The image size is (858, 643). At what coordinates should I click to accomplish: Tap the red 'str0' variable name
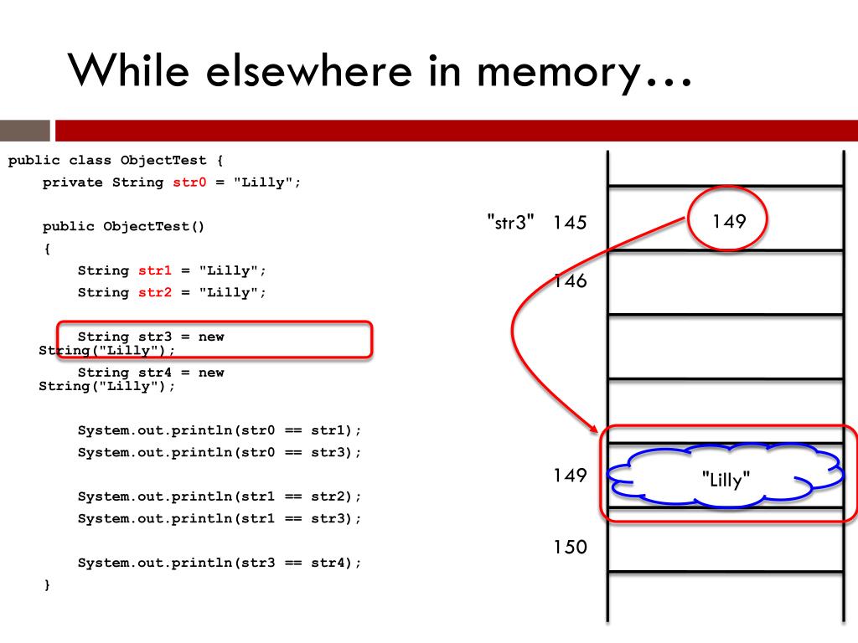tap(189, 183)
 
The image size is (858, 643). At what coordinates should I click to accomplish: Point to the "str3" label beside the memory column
tap(510, 223)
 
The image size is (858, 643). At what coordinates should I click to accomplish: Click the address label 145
tap(570, 223)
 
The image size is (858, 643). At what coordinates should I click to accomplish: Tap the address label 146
tap(570, 281)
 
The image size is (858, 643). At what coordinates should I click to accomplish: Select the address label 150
tap(570, 548)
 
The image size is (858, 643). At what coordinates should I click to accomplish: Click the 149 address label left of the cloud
tap(570, 476)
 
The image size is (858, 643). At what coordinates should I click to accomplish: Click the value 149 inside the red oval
tap(729, 221)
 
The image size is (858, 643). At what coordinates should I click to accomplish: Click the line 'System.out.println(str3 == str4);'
tap(220, 563)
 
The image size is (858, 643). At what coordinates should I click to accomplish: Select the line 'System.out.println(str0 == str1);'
tap(220, 430)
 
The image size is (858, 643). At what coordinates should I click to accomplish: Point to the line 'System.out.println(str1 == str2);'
tap(220, 496)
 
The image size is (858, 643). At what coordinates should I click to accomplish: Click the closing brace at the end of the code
tap(47, 585)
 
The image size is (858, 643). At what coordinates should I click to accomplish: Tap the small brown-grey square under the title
tap(25, 131)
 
